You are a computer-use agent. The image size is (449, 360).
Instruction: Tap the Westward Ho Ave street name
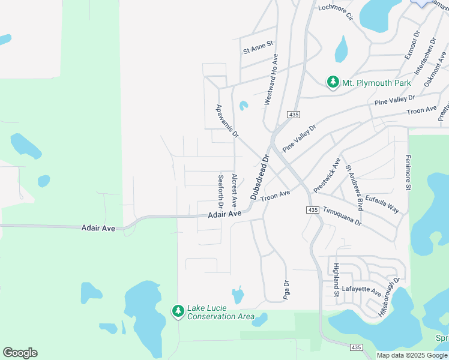[271, 80]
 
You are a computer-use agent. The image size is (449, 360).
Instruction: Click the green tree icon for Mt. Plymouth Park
[333, 82]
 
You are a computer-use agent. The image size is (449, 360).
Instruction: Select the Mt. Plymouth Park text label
[376, 83]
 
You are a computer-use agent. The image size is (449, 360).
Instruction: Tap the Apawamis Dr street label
[228, 120]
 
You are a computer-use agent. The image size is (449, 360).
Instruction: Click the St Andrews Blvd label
[354, 187]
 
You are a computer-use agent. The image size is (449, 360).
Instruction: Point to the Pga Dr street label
[286, 290]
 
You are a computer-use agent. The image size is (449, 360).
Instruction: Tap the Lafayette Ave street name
[361, 292]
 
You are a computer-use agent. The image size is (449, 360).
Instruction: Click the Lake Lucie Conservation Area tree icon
[178, 311]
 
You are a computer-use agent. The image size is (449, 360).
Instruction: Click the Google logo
[20, 353]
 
